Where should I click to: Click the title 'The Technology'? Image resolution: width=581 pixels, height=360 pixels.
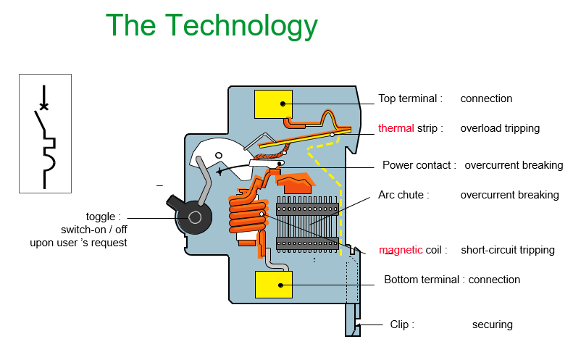[212, 26]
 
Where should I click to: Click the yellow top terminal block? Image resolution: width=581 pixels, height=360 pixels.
[273, 104]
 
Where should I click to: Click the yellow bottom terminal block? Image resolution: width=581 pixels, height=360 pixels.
[273, 285]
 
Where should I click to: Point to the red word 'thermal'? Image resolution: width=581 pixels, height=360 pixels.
[396, 128]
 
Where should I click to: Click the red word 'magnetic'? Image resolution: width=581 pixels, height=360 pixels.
[401, 250]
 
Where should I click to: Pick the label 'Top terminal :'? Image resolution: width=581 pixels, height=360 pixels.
[410, 99]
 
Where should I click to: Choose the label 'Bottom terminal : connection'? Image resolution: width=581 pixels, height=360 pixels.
[452, 280]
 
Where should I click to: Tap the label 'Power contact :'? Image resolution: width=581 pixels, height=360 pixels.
[419, 165]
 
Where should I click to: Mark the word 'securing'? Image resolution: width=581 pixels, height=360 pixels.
[492, 325]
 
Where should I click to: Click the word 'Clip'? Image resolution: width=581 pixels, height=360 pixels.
[400, 325]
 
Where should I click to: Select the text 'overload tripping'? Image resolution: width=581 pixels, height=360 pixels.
[500, 128]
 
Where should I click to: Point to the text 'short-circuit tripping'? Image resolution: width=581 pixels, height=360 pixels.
[508, 250]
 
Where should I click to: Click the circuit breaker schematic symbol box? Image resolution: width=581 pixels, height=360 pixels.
[45, 133]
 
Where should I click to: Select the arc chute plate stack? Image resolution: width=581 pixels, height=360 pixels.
[309, 221]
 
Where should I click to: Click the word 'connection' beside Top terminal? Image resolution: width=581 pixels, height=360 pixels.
[486, 99]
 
